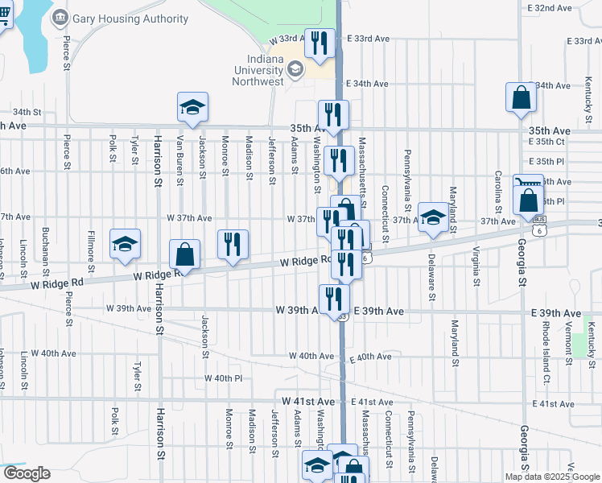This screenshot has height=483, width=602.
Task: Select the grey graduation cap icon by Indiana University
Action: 295,69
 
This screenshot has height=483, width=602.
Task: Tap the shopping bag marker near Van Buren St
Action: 185,254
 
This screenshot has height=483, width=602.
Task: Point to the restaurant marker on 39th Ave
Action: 333,299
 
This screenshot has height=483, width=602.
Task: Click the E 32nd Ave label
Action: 552,8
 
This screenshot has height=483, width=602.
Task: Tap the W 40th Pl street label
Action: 223,378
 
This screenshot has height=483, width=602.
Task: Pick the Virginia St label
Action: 476,266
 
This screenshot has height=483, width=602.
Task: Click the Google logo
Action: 27,473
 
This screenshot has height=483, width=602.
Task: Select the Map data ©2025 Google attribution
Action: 551,477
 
